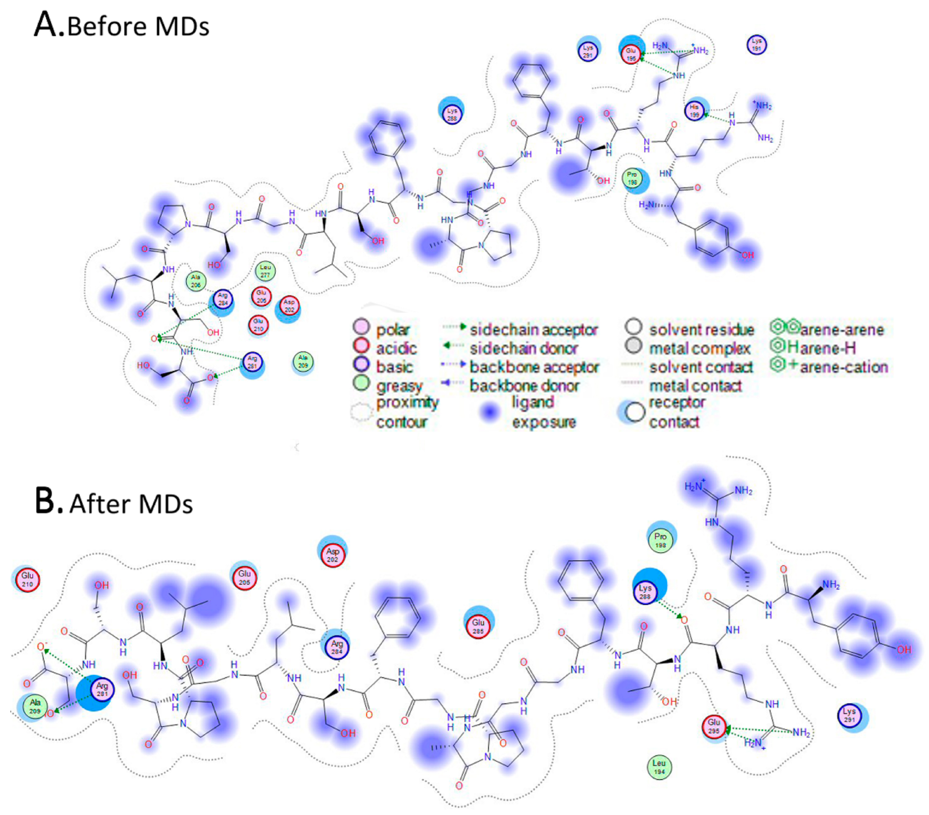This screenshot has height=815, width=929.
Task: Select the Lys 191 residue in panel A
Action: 756,44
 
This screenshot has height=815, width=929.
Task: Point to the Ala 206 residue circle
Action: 196,281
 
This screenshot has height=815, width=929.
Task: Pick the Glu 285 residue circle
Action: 478,626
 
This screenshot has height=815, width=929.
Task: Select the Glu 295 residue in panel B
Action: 714,726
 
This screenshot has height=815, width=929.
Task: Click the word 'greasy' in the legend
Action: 399,386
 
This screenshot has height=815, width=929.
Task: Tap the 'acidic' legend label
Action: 396,348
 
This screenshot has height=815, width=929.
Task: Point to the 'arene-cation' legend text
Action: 844,367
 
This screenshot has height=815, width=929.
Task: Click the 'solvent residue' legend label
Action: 701,329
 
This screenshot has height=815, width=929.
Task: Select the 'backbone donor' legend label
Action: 524,386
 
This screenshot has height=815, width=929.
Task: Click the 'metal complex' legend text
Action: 699,348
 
